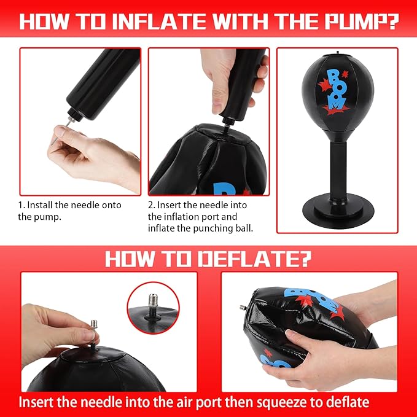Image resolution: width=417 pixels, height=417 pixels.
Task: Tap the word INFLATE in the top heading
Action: tap(160, 21)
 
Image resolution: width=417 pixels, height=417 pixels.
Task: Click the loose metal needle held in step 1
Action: tap(62, 131)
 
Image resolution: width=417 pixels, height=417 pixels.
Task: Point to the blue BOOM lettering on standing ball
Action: tap(336, 89)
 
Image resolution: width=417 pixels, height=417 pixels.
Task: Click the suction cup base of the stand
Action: tap(338, 211)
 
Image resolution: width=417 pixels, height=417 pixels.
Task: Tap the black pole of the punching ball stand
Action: tap(338, 171)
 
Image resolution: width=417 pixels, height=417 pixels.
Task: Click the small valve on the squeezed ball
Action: tap(242, 308)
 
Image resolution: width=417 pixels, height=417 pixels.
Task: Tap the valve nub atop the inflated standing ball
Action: tap(338, 53)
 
